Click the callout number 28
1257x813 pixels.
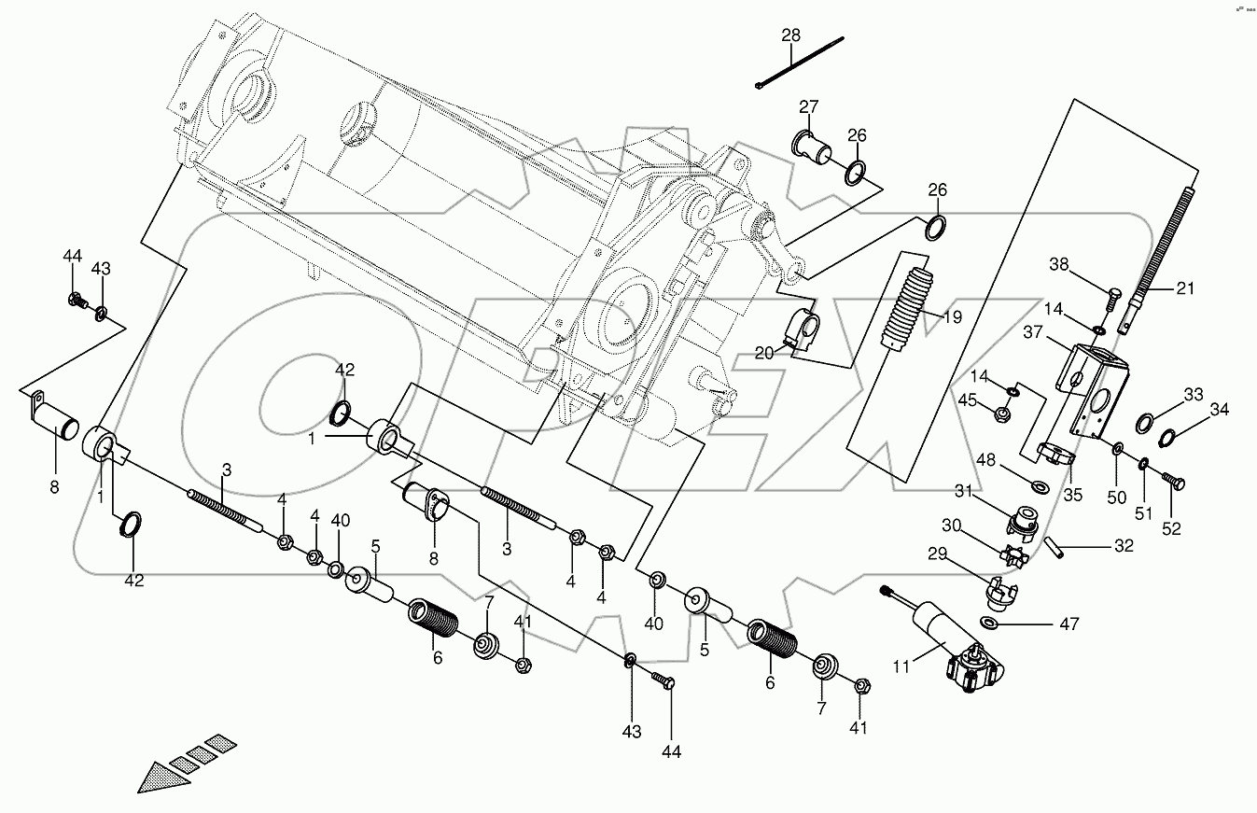coord(790,35)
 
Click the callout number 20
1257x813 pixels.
coord(765,352)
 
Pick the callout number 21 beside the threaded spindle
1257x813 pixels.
coord(1184,288)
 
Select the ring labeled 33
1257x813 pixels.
coord(1145,425)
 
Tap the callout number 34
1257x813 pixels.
coord(1219,408)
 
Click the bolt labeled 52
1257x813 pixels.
coord(1174,481)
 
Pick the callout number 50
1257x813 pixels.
coord(1117,498)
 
